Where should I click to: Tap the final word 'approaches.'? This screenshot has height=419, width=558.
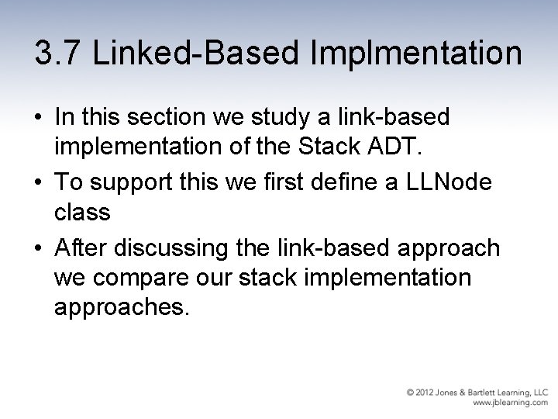pyautogui.click(x=121, y=308)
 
